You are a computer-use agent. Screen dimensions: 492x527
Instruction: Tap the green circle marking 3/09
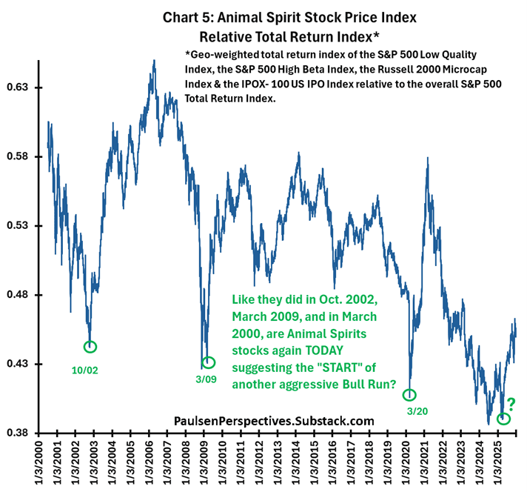pos(209,362)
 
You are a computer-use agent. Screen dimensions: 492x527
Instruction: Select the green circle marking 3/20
pos(409,395)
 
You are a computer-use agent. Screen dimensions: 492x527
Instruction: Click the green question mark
pos(511,405)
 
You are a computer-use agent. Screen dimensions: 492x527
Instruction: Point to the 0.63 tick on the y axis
pos(22,87)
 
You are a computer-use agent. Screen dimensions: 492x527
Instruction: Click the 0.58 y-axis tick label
pos(22,156)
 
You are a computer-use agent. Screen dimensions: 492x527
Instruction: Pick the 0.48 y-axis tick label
pos(22,295)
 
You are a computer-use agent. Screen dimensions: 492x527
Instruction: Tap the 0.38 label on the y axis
pos(22,433)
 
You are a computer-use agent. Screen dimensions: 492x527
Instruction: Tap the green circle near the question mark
pos(504,418)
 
